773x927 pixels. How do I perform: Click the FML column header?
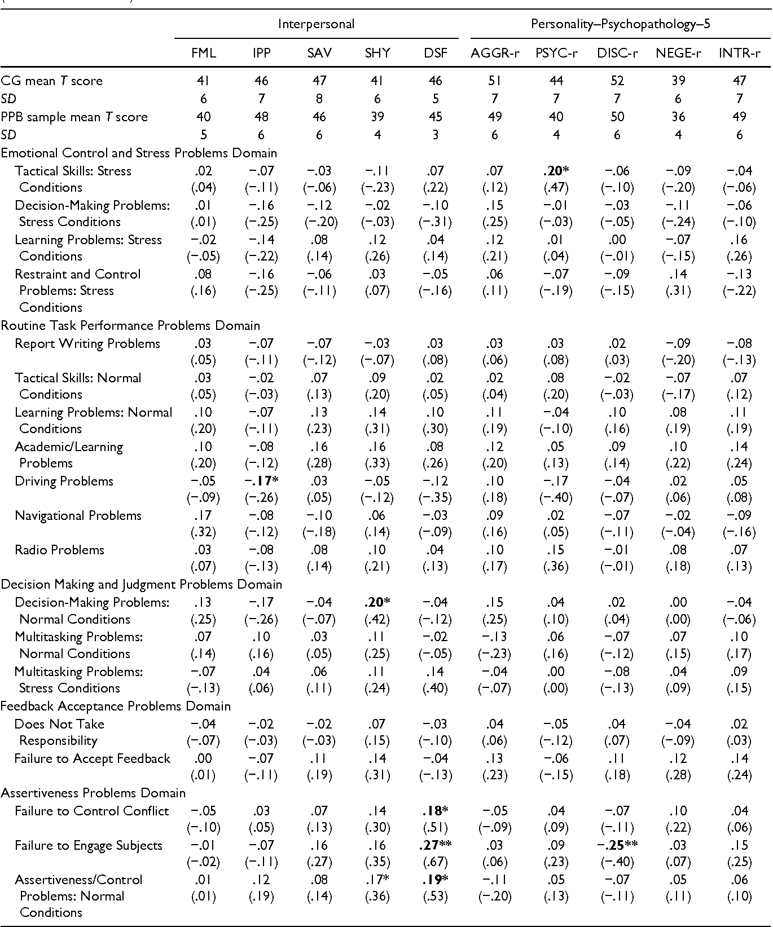pos(203,53)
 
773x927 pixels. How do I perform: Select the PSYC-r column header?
pos(556,53)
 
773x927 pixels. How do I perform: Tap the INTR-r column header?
pos(739,53)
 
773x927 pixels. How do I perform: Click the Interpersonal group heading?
pos(316,24)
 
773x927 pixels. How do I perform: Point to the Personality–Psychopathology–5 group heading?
pos(616,24)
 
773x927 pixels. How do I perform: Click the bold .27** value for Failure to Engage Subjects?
pos(435,845)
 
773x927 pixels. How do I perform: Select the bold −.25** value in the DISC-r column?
pos(617,845)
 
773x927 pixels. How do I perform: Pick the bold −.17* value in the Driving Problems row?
pos(261,481)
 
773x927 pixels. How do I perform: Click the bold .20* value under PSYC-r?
pos(556,171)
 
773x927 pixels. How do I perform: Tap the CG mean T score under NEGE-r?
pos(678,81)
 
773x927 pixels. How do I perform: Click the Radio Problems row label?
pos(59,550)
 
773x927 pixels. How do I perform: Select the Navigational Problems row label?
pos(78,515)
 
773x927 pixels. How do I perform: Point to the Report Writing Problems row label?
pos(87,343)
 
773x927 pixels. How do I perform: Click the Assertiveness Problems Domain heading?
pos(93,793)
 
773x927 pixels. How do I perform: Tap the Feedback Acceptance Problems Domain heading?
pos(116,706)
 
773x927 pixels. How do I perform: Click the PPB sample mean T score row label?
pos(74,117)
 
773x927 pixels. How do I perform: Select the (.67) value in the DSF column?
pos(435,862)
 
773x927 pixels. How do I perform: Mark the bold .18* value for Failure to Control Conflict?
pos(435,811)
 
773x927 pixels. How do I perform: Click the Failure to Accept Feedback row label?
pos(92,758)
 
